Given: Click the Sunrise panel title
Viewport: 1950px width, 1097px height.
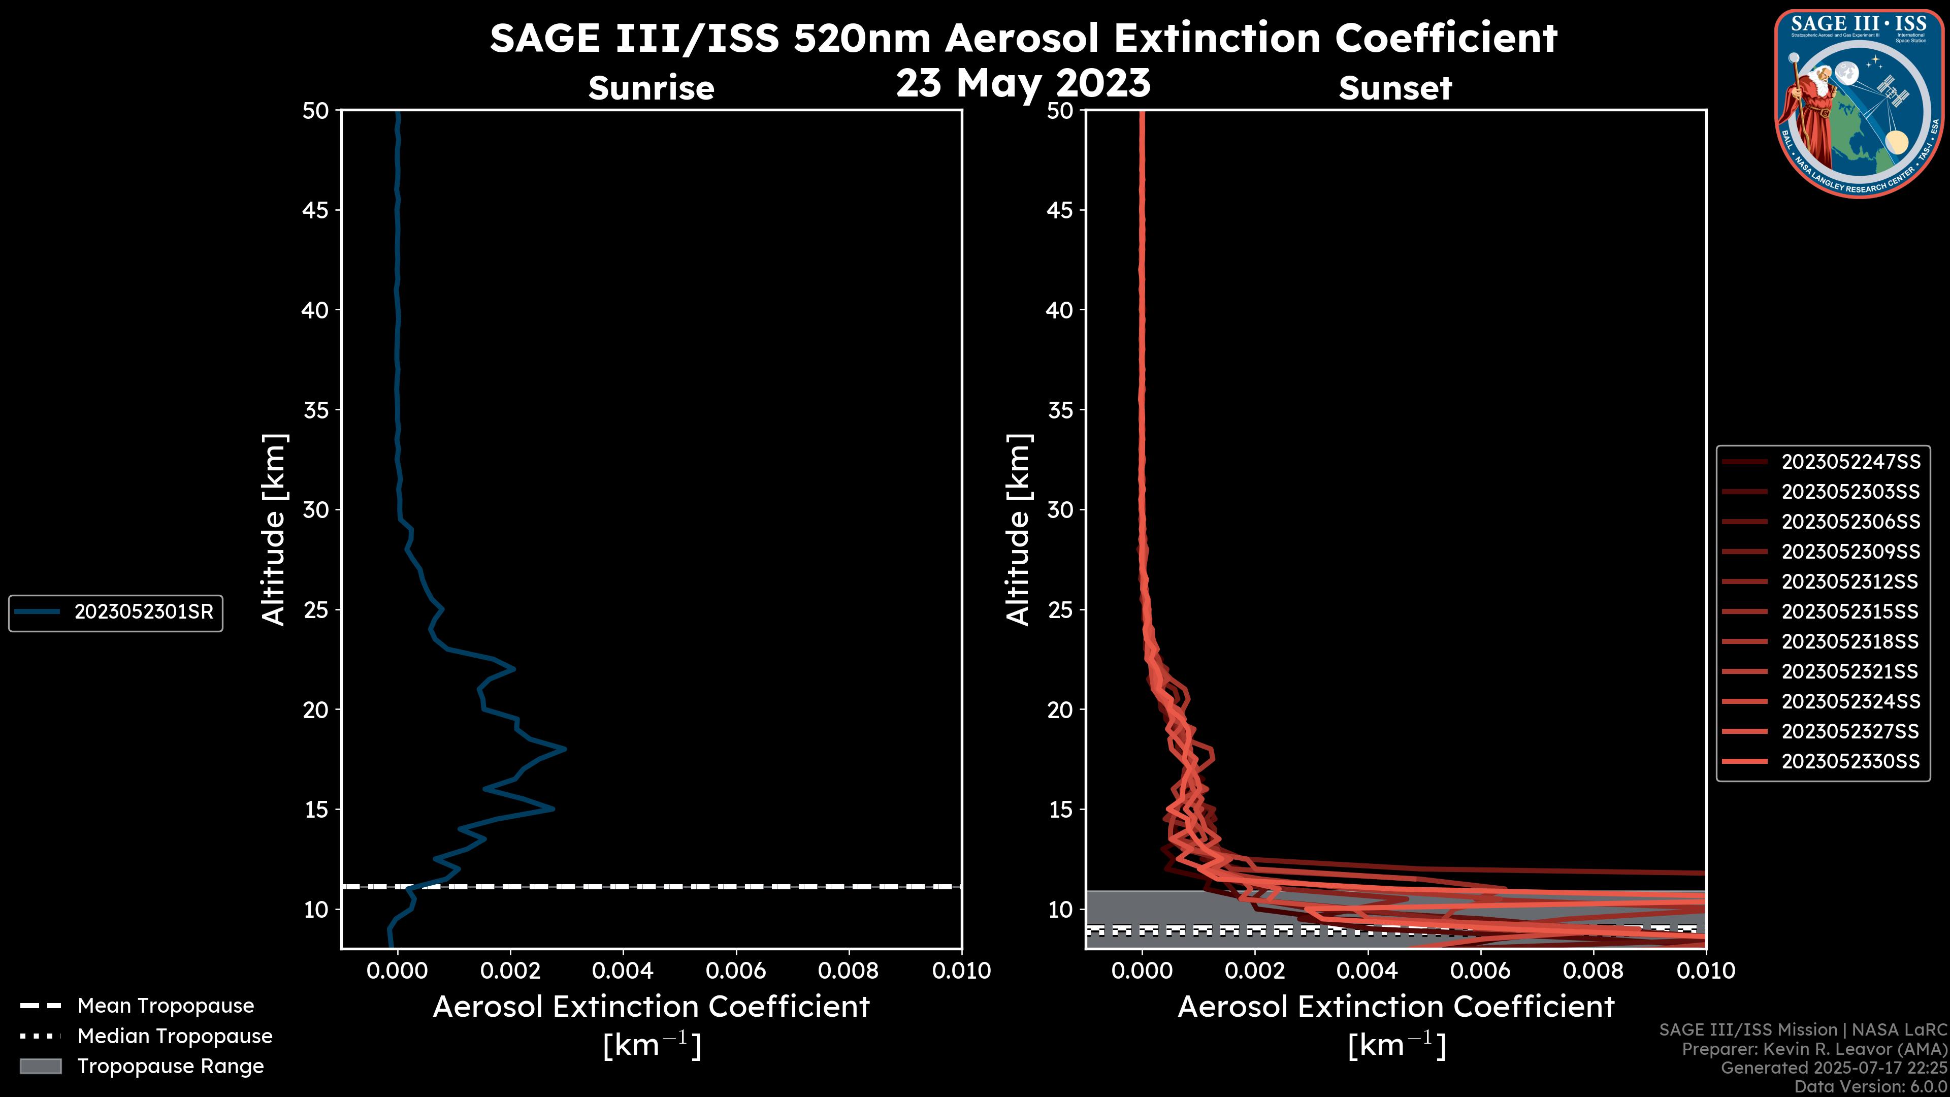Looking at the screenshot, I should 651,88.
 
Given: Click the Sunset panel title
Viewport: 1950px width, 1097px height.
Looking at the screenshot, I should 1394,88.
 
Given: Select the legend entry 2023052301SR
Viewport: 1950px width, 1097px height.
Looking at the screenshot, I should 143,611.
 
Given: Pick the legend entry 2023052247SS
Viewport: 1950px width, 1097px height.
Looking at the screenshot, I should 1850,462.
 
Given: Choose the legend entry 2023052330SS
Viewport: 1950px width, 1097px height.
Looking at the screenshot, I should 1850,761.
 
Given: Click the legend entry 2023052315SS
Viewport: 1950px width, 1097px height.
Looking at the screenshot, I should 1850,611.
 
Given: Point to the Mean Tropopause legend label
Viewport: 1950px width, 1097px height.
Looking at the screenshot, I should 165,1006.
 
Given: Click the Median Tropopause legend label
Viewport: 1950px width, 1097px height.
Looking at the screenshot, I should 175,1036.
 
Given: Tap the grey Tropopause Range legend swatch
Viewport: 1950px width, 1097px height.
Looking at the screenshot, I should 40,1066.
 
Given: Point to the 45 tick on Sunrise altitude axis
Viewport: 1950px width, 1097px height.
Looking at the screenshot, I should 316,210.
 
